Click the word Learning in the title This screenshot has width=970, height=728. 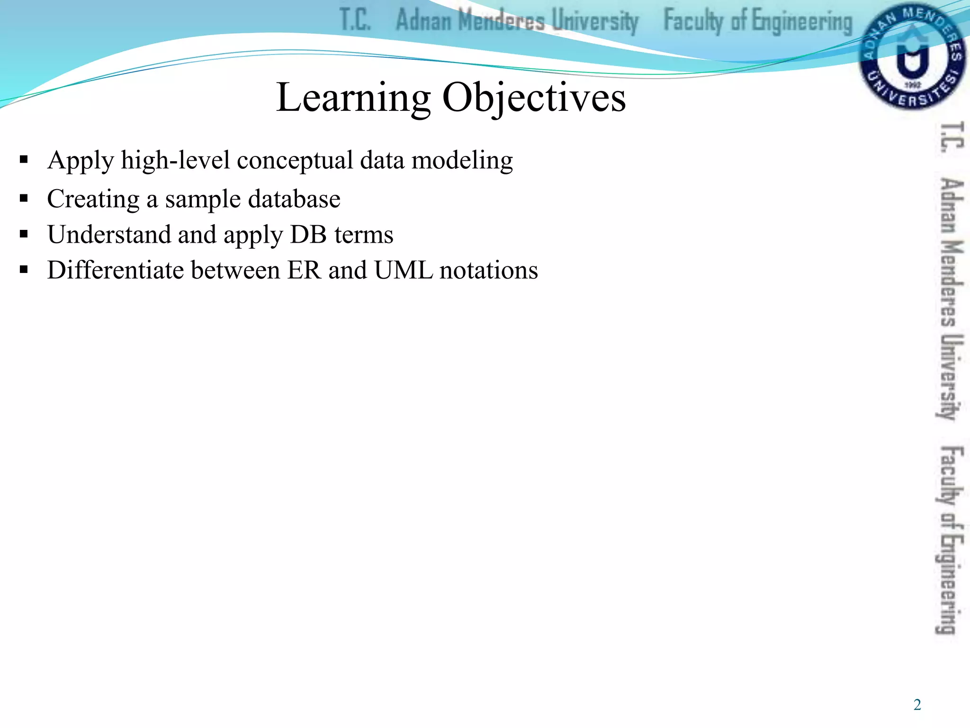point(353,98)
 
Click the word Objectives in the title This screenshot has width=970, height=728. point(534,98)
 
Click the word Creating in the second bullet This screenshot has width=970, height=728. point(93,199)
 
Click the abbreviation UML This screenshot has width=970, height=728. point(403,270)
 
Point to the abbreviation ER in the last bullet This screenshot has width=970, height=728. point(304,270)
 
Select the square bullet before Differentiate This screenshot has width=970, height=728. point(24,270)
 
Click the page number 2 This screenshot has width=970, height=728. point(917,705)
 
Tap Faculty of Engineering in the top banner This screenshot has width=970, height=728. point(757,21)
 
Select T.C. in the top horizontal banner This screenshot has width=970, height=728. point(355,20)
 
